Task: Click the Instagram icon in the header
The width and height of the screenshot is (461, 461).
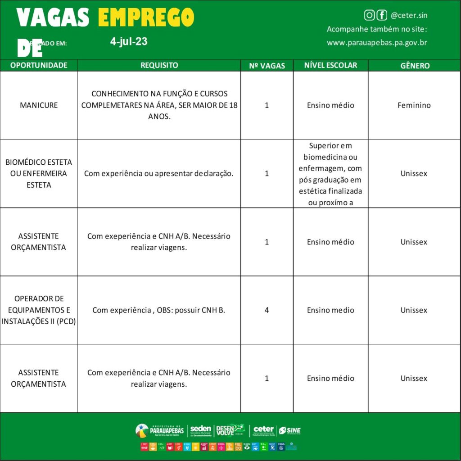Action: pyautogui.click(x=369, y=15)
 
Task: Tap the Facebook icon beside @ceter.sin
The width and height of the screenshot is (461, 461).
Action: pyautogui.click(x=382, y=15)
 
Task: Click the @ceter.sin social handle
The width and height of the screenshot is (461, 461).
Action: pyautogui.click(x=409, y=15)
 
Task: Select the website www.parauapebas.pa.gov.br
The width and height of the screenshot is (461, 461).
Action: pyautogui.click(x=377, y=43)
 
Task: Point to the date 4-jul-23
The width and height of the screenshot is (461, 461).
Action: pyautogui.click(x=129, y=42)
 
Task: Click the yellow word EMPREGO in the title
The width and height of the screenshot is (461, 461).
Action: pyautogui.click(x=146, y=18)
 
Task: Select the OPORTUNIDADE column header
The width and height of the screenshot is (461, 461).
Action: pyautogui.click(x=39, y=65)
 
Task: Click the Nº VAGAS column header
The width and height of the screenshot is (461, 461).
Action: pyautogui.click(x=267, y=66)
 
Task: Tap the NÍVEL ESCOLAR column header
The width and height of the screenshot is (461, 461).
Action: pyautogui.click(x=330, y=65)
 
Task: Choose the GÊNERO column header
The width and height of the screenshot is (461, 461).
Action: pyautogui.click(x=415, y=66)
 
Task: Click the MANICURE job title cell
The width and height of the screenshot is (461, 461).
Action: pyautogui.click(x=39, y=105)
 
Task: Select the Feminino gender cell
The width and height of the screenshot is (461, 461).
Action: pyautogui.click(x=414, y=105)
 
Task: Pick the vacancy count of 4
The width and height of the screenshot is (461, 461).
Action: pyautogui.click(x=267, y=310)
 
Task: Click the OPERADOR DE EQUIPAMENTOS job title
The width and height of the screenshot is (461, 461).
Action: pyautogui.click(x=39, y=310)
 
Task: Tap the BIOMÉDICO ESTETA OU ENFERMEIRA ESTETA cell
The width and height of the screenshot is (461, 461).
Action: pyautogui.click(x=39, y=173)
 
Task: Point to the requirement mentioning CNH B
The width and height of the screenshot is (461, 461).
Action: pyautogui.click(x=158, y=310)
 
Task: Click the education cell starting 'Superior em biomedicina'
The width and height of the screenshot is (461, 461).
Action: pyautogui.click(x=330, y=174)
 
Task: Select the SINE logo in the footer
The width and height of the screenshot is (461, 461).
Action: pyautogui.click(x=289, y=430)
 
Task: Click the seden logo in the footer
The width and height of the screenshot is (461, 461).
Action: pyautogui.click(x=200, y=430)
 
